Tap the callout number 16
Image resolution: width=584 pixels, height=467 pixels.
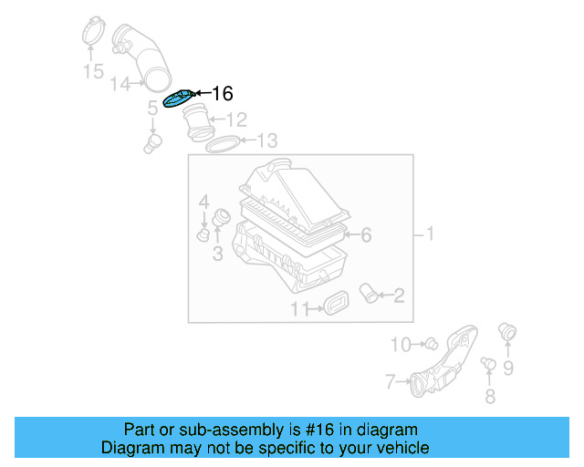point(222,93)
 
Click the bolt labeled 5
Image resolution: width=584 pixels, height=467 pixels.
point(152,141)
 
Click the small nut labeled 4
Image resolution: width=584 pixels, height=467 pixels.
point(203,236)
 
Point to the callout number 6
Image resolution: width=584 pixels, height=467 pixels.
point(365,235)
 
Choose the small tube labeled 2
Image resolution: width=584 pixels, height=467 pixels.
point(370,294)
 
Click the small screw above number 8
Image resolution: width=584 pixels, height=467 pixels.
point(488,366)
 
